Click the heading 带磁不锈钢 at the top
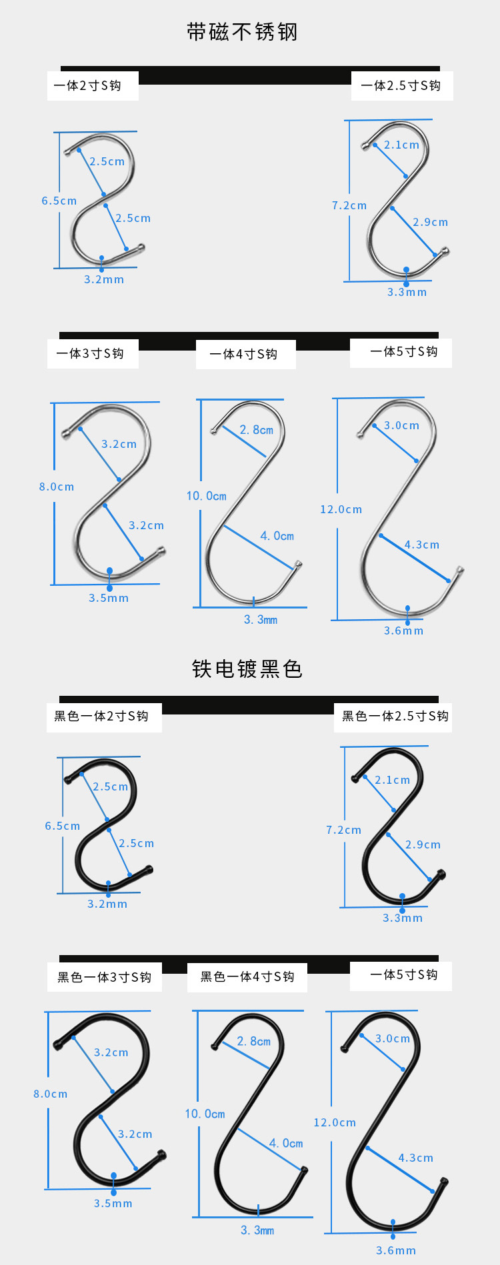point(242,32)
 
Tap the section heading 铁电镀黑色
point(247,668)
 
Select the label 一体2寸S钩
point(87,85)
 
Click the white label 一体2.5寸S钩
point(401,85)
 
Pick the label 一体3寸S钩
point(90,353)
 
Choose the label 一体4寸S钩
point(243,354)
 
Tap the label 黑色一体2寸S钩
point(101,716)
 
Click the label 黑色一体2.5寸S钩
point(395,716)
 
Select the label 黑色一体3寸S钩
point(104,977)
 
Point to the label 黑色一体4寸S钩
point(247,976)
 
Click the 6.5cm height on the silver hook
point(59,201)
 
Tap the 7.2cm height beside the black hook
point(343,830)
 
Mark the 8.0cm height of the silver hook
point(57,487)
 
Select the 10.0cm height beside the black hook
point(205,1114)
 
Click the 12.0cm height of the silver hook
point(341,509)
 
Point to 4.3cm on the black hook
point(416,1158)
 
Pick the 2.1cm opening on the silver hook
point(401,145)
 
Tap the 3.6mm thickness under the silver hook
point(403,631)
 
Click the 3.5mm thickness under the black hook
point(113,1203)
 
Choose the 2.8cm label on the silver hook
point(257,430)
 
